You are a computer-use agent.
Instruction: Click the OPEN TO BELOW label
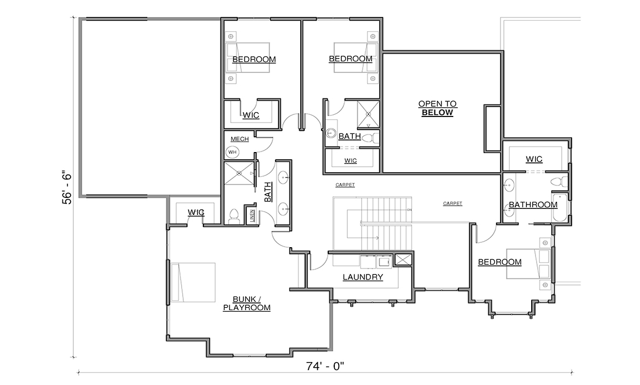[x=437, y=108]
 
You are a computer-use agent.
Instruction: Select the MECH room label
[x=240, y=139]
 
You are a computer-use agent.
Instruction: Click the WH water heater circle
[x=232, y=152]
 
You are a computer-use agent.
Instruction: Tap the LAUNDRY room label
[x=363, y=277]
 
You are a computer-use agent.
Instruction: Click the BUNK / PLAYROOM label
[x=247, y=304]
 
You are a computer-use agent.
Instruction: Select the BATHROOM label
[x=533, y=205]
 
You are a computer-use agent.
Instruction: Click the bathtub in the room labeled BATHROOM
[x=560, y=208]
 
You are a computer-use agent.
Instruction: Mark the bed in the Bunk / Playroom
[x=193, y=282]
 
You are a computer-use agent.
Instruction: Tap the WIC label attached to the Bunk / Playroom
[x=196, y=212]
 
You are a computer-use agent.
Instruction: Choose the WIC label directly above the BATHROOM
[x=534, y=159]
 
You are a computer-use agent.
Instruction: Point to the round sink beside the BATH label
[x=331, y=133]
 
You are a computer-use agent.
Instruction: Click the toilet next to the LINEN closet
[x=233, y=216]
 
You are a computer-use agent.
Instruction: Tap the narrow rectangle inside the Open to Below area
[x=492, y=129]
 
